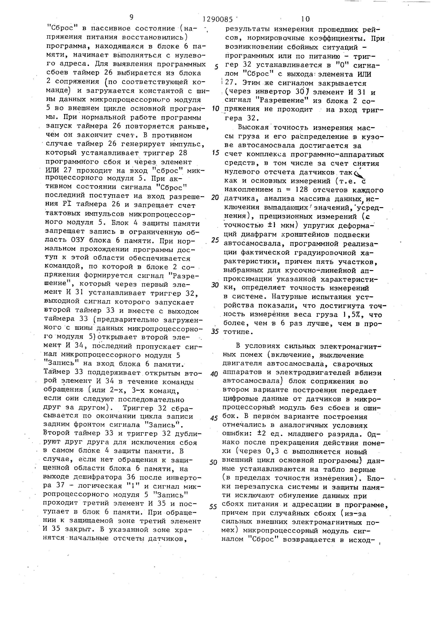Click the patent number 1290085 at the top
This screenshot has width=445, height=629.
(x=218, y=19)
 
